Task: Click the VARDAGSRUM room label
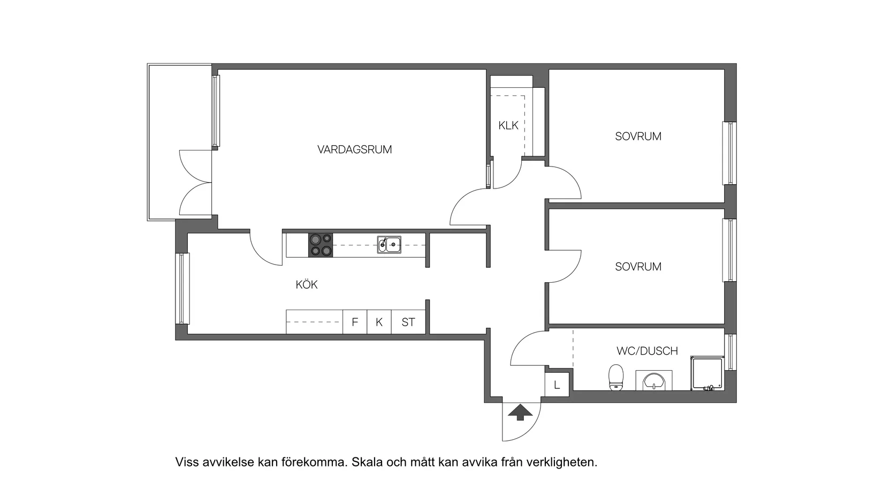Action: coord(354,149)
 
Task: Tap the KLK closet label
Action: coord(508,125)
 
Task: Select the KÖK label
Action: coord(307,285)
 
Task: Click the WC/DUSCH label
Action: coord(646,351)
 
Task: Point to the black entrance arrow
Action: coord(520,412)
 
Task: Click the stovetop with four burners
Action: coord(320,245)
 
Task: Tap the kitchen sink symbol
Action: coord(389,245)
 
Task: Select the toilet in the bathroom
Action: coord(616,378)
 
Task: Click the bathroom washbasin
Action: coord(654,381)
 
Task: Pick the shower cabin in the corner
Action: coord(706,373)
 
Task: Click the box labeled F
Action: coord(354,322)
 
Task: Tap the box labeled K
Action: coord(379,322)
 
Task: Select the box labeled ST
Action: coord(408,322)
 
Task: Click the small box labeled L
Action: coord(557,385)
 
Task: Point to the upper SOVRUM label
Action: coord(638,137)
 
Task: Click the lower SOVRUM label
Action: coord(638,267)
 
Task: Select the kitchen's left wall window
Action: coord(182,288)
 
